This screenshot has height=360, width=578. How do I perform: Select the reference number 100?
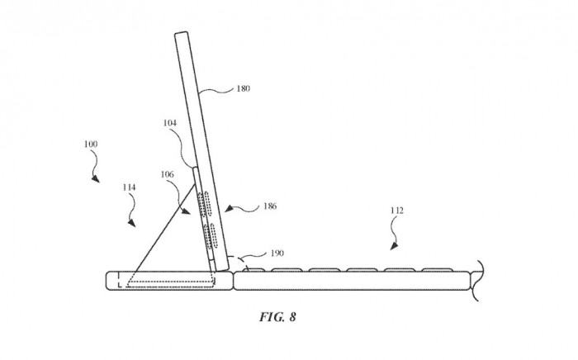[x=91, y=144]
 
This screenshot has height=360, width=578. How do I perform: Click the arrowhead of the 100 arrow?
[x=97, y=180]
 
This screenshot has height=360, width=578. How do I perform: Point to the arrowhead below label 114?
[x=130, y=224]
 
